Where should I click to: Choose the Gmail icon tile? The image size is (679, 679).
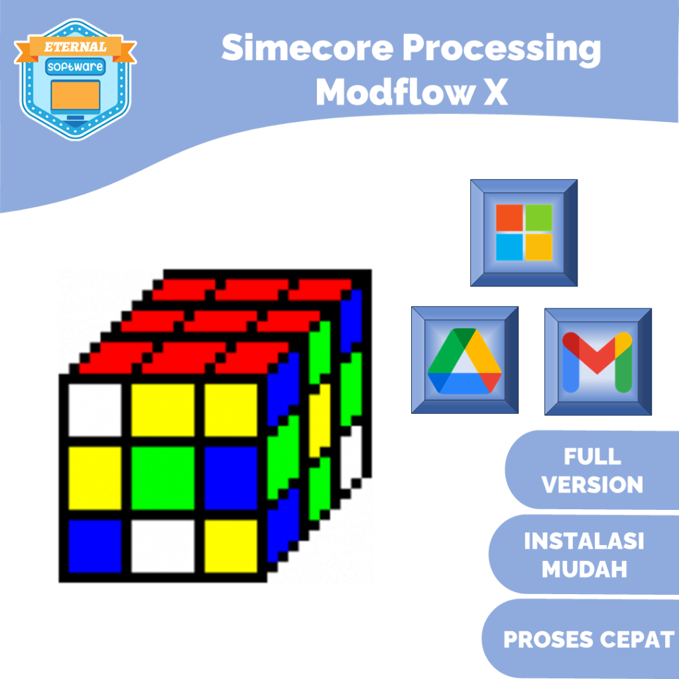coord(597,361)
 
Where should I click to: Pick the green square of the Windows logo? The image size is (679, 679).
coord(538,217)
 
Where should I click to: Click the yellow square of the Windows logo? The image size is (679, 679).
coord(538,247)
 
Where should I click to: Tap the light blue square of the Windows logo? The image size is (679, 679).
coord(509,247)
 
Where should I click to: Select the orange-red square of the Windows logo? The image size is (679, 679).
coord(509,217)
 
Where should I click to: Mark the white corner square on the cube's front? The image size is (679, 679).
coord(95,410)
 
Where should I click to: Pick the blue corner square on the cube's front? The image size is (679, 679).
coord(95,546)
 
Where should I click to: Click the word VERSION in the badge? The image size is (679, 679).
coord(593,485)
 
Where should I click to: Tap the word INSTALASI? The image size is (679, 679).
coord(584,542)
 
